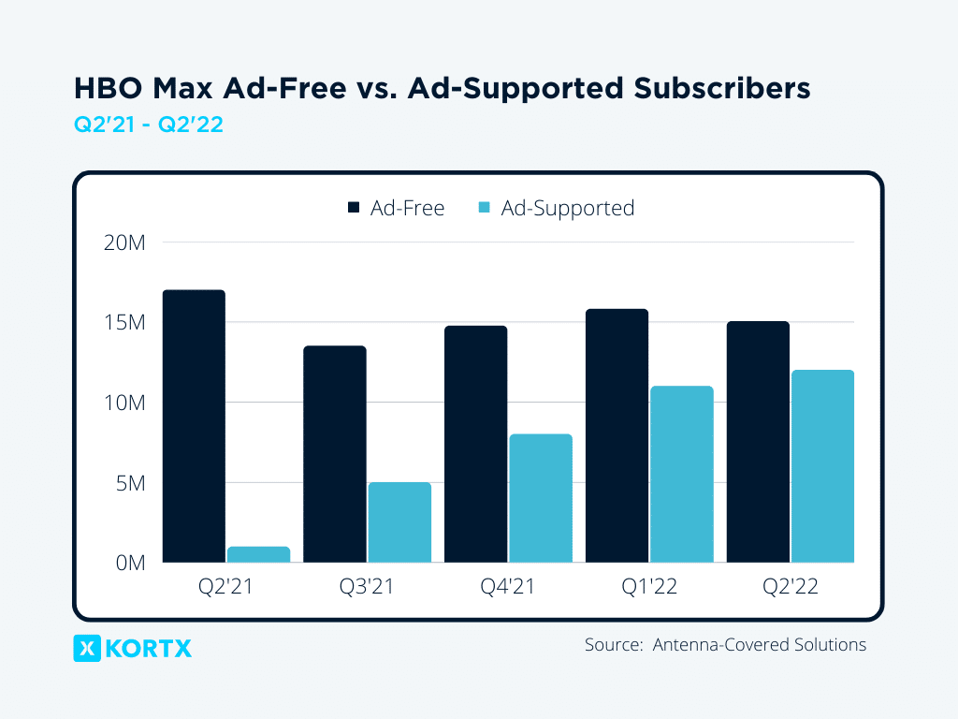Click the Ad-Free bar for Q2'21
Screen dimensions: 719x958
tap(194, 426)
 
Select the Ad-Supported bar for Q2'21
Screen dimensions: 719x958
tap(258, 554)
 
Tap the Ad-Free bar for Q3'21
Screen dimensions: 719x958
tap(335, 454)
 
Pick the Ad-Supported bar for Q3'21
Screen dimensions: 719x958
tap(399, 522)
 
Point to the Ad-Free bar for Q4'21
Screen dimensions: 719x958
tap(475, 444)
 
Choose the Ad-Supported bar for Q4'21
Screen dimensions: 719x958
tap(541, 498)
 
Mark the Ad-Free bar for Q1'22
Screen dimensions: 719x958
tap(617, 435)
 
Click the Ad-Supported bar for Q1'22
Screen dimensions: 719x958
tap(682, 474)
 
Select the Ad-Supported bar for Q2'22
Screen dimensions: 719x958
tap(822, 466)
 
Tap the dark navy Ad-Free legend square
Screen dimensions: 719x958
tap(354, 208)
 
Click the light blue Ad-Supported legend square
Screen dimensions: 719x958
tap(485, 208)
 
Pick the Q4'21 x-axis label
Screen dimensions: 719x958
tap(508, 588)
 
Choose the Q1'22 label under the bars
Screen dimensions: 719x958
tap(649, 588)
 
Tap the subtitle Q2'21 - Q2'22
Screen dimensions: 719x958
tap(148, 125)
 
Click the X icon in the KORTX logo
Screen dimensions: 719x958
tap(86, 648)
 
